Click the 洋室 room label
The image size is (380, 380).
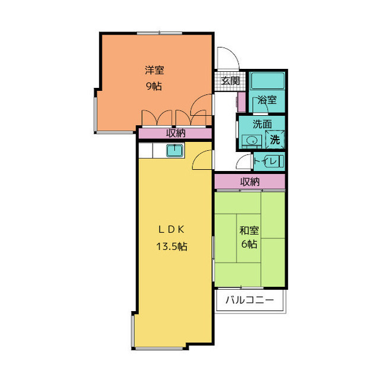pyautogui.click(x=154, y=70)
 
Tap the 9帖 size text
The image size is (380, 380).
pyautogui.click(x=154, y=86)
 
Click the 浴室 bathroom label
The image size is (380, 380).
pyautogui.click(x=267, y=100)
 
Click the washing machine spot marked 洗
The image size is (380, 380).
pyautogui.click(x=275, y=140)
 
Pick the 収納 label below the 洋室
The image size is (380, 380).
pyautogui.click(x=175, y=133)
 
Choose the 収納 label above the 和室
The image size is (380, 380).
pyautogui.click(x=250, y=182)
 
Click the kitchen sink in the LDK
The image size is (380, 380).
pyautogui.click(x=175, y=151)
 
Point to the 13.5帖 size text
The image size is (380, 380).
pyautogui.click(x=172, y=246)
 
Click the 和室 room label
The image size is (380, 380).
pyautogui.click(x=249, y=230)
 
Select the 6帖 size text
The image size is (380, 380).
pyautogui.click(x=249, y=244)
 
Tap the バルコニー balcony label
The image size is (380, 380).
pyautogui.click(x=249, y=300)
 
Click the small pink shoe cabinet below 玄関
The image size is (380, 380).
pyautogui.click(x=241, y=102)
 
